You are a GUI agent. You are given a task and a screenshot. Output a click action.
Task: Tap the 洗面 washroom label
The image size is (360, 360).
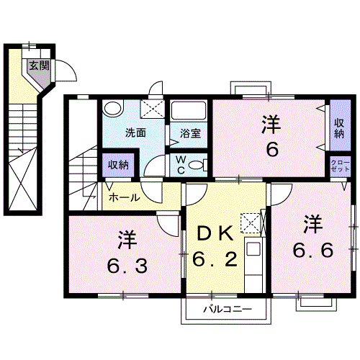point(136,132)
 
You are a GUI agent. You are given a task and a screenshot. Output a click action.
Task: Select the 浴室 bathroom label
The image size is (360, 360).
point(189,132)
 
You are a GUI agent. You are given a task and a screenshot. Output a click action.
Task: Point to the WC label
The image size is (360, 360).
point(181,166)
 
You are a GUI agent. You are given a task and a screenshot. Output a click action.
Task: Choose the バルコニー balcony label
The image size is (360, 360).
point(226,310)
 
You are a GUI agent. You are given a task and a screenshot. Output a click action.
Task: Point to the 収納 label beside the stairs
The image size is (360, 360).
point(118,165)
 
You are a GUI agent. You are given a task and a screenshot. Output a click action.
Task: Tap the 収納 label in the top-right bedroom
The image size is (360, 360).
point(338,127)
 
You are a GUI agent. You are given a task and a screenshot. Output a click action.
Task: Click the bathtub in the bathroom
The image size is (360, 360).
point(189,111)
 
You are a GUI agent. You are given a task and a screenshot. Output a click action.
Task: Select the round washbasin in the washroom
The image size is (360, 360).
point(112,109)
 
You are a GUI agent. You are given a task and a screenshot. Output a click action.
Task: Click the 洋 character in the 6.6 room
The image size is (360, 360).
point(312,225)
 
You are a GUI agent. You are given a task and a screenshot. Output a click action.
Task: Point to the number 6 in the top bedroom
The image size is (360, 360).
point(271,150)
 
